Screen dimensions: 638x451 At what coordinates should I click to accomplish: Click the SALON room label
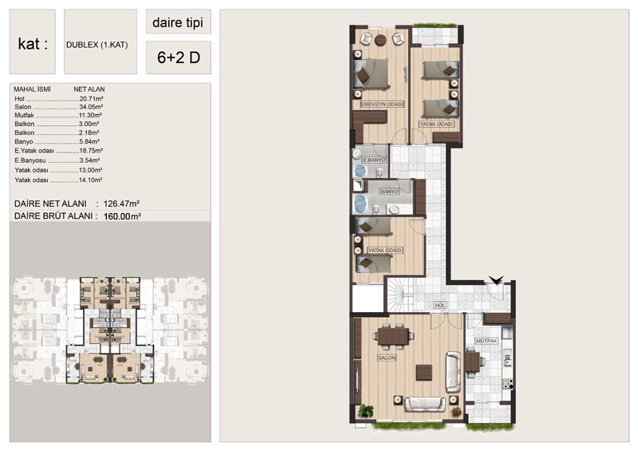[387, 358]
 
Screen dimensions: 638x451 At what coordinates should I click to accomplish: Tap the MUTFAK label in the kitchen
[486, 341]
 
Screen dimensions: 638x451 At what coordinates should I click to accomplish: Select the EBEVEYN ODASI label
[382, 105]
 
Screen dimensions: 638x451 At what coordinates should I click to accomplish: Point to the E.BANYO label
[374, 160]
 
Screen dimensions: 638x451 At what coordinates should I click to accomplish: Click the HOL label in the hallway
[440, 305]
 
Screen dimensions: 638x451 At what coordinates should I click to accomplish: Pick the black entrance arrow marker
[496, 280]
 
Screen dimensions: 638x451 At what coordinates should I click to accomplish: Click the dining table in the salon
[393, 337]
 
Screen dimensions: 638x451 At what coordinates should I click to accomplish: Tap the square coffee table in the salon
[424, 372]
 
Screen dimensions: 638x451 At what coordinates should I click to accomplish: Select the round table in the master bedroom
[381, 40]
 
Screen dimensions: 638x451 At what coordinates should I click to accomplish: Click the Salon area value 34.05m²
[91, 107]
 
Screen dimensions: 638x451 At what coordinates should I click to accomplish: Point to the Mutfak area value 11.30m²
[90, 115]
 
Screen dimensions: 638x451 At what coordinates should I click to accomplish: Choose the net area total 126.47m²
[121, 204]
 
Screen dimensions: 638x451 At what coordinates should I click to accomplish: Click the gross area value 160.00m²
[122, 216]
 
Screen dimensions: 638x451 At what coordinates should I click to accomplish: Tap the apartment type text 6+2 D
[179, 57]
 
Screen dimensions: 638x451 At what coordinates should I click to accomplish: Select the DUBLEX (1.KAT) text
[96, 45]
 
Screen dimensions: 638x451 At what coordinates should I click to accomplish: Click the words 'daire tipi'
[178, 23]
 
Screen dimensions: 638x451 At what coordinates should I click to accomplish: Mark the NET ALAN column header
[89, 89]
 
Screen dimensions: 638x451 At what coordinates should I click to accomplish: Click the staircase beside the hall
[400, 295]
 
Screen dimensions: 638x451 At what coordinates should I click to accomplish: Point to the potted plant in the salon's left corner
[366, 410]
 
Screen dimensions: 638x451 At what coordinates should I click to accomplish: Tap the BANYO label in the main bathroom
[389, 192]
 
